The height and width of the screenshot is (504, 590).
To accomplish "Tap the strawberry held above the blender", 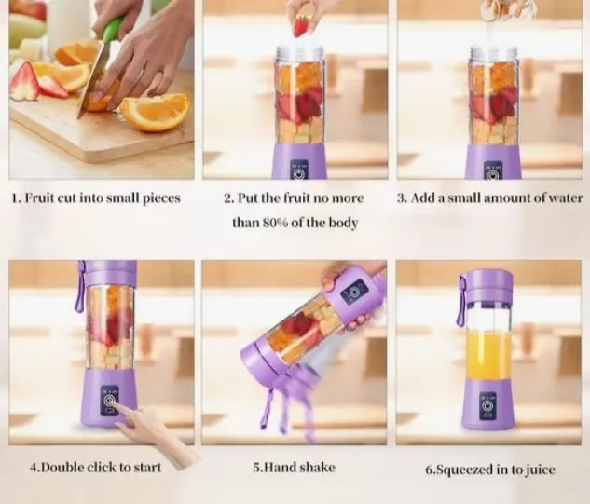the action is point(301,25).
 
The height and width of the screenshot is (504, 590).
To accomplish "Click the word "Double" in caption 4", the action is point(61,467).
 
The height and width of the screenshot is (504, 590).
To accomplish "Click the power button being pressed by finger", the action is point(109,401).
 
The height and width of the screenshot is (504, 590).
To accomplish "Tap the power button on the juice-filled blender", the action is point(488,406).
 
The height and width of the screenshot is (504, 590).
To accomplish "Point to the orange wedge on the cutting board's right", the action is point(155,112).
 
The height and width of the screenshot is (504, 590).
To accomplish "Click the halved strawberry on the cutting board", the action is point(25,82).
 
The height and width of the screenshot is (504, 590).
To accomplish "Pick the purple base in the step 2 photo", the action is point(299,161).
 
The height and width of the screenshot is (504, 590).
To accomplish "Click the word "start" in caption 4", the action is point(147,467).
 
